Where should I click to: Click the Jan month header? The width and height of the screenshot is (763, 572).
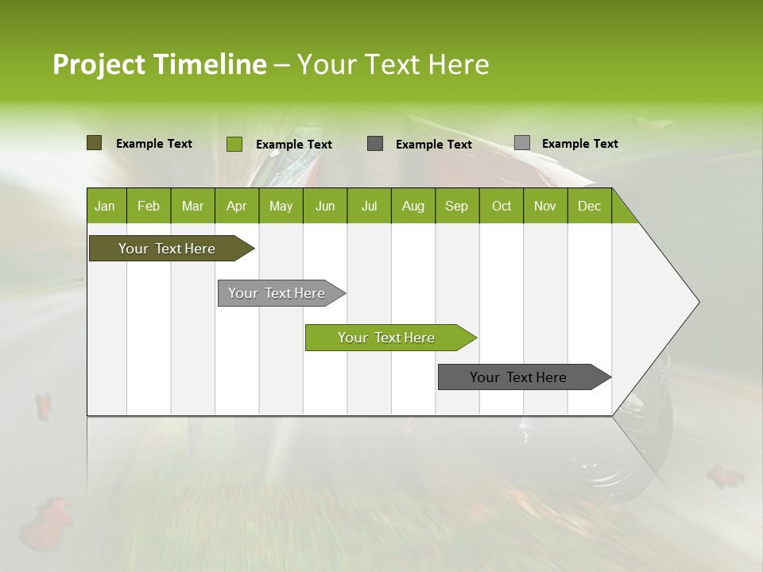(x=106, y=206)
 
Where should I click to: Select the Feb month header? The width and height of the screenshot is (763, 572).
(x=149, y=206)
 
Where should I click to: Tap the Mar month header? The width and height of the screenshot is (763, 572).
(x=192, y=206)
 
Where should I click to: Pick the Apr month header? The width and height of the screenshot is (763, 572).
(x=237, y=206)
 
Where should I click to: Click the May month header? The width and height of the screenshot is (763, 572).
(x=281, y=206)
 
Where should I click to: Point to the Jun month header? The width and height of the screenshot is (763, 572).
(x=325, y=206)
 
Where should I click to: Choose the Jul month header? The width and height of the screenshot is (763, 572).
(x=369, y=206)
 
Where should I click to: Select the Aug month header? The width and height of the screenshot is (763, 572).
(x=413, y=206)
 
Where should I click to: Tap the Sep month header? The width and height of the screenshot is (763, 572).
(x=457, y=206)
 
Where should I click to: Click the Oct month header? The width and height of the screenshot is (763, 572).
(x=502, y=206)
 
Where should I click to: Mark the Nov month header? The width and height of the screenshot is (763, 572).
(x=545, y=206)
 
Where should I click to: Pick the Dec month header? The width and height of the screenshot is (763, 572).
(x=590, y=206)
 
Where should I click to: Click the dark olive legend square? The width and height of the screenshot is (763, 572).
(x=95, y=143)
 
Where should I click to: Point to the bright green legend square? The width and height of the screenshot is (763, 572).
(x=234, y=144)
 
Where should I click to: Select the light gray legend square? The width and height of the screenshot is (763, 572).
(x=522, y=143)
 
